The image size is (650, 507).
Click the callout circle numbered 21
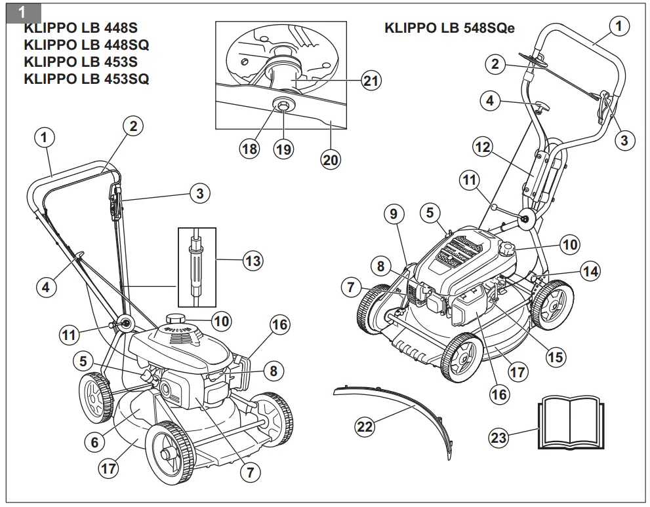(x=371, y=81)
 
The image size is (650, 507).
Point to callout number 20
(x=331, y=159)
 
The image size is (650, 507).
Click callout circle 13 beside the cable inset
(x=253, y=261)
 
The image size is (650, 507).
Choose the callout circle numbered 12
(x=482, y=147)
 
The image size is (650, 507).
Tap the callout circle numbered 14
(x=590, y=271)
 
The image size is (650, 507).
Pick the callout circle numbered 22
(x=365, y=426)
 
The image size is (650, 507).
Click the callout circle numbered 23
(x=499, y=436)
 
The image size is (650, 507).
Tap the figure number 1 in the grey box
(x=22, y=12)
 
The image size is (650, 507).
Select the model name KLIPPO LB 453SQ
(x=86, y=79)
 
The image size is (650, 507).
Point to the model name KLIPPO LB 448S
(x=81, y=28)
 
